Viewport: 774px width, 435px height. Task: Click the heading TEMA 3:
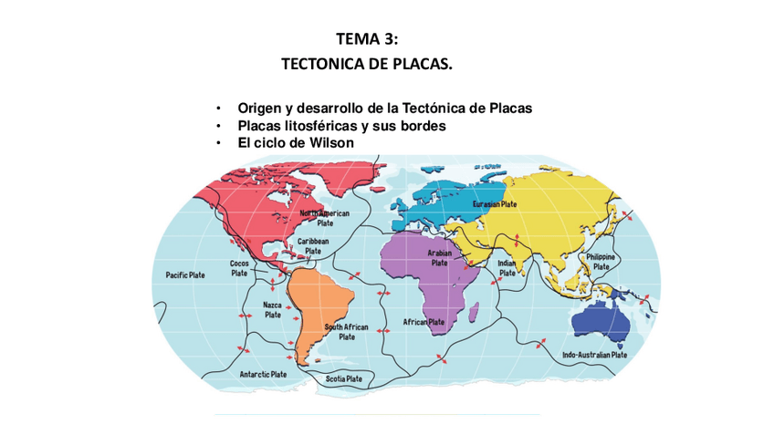click(367, 38)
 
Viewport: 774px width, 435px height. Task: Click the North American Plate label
click(325, 217)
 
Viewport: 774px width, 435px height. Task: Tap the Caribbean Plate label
click(313, 246)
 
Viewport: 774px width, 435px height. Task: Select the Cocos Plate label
click(239, 268)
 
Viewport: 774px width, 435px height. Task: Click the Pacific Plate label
click(185, 274)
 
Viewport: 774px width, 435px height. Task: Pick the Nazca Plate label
click(272, 310)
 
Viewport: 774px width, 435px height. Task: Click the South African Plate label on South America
click(347, 331)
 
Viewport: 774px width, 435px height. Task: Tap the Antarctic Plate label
click(263, 374)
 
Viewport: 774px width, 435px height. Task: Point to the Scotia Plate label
click(344, 378)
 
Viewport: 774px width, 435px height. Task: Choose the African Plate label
click(424, 322)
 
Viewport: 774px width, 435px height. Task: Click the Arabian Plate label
click(440, 257)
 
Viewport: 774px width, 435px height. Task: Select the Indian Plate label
click(507, 267)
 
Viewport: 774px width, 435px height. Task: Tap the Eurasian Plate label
click(496, 204)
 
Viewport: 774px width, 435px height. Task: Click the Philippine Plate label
click(601, 262)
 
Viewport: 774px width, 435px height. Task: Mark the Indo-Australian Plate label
click(594, 355)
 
